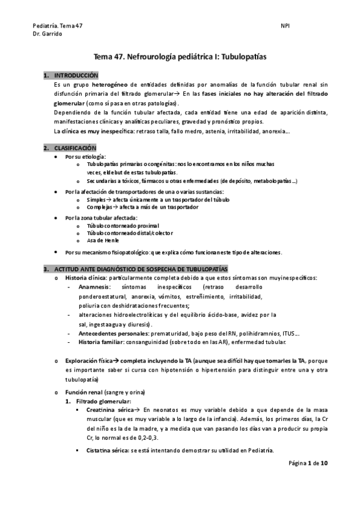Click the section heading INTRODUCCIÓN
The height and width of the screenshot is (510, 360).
click(76, 76)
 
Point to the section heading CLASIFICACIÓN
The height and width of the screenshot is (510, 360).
click(75, 147)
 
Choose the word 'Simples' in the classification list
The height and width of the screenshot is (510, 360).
click(96, 199)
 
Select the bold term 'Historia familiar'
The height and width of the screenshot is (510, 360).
click(100, 342)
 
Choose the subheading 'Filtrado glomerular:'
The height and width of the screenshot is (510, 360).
click(102, 401)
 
